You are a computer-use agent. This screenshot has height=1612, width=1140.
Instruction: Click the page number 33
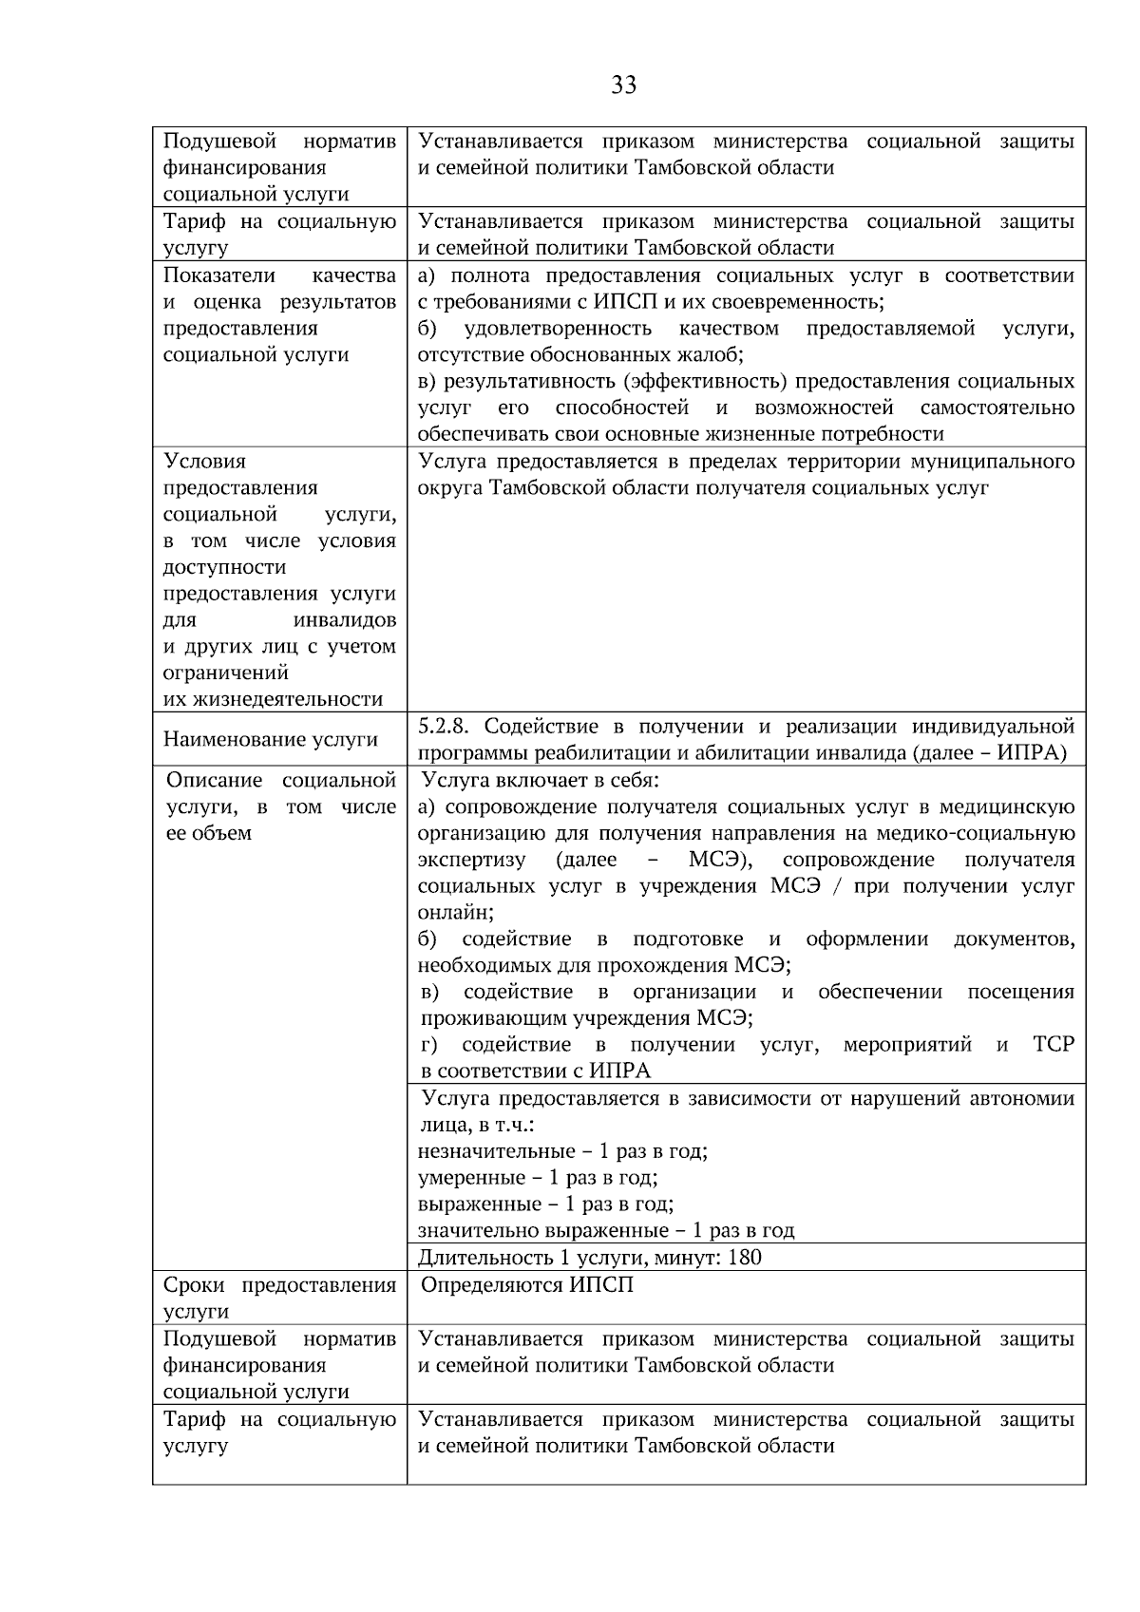(x=623, y=85)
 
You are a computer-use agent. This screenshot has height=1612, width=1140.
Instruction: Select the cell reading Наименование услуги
(x=271, y=739)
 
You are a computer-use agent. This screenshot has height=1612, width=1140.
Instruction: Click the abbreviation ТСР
(x=1053, y=1045)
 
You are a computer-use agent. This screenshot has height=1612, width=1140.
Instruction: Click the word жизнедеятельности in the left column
(x=273, y=700)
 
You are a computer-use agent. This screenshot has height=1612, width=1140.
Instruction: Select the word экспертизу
(x=471, y=860)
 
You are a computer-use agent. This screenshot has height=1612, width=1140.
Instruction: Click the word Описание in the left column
(x=214, y=781)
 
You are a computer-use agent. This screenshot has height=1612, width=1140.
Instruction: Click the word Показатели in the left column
(x=219, y=275)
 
